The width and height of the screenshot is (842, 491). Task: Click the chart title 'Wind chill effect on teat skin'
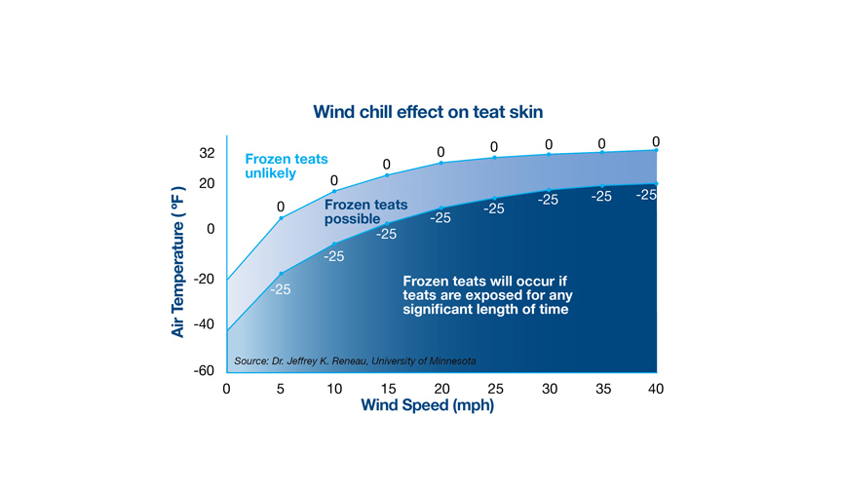(x=428, y=112)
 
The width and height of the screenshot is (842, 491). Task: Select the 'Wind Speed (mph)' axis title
(x=428, y=405)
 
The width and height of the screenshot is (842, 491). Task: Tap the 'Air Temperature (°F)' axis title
(x=177, y=262)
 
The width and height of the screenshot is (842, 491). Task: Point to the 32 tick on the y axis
(x=207, y=153)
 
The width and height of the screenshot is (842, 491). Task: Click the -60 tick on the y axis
(x=204, y=370)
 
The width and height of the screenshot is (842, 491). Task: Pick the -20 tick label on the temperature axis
(x=204, y=279)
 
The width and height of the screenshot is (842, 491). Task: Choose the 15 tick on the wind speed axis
(x=388, y=389)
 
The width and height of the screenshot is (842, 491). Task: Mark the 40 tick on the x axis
(x=656, y=389)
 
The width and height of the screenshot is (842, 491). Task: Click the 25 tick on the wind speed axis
(x=496, y=389)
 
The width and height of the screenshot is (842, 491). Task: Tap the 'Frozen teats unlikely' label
(x=287, y=166)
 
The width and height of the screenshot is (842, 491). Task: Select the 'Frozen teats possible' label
(x=365, y=212)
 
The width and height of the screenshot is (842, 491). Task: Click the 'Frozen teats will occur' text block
(x=487, y=295)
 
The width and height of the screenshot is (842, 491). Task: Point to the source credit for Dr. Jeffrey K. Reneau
(x=355, y=361)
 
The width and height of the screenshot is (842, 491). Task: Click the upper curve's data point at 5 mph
(x=281, y=218)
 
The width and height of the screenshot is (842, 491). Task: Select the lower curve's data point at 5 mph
(x=281, y=274)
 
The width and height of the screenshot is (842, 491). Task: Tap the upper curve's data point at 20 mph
(x=441, y=163)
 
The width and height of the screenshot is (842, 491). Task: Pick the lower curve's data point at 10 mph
(x=334, y=245)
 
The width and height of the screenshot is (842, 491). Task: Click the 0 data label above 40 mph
(x=656, y=141)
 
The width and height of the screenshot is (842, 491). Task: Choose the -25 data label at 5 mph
(x=281, y=289)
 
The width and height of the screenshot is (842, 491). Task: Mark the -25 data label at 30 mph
(x=549, y=200)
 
